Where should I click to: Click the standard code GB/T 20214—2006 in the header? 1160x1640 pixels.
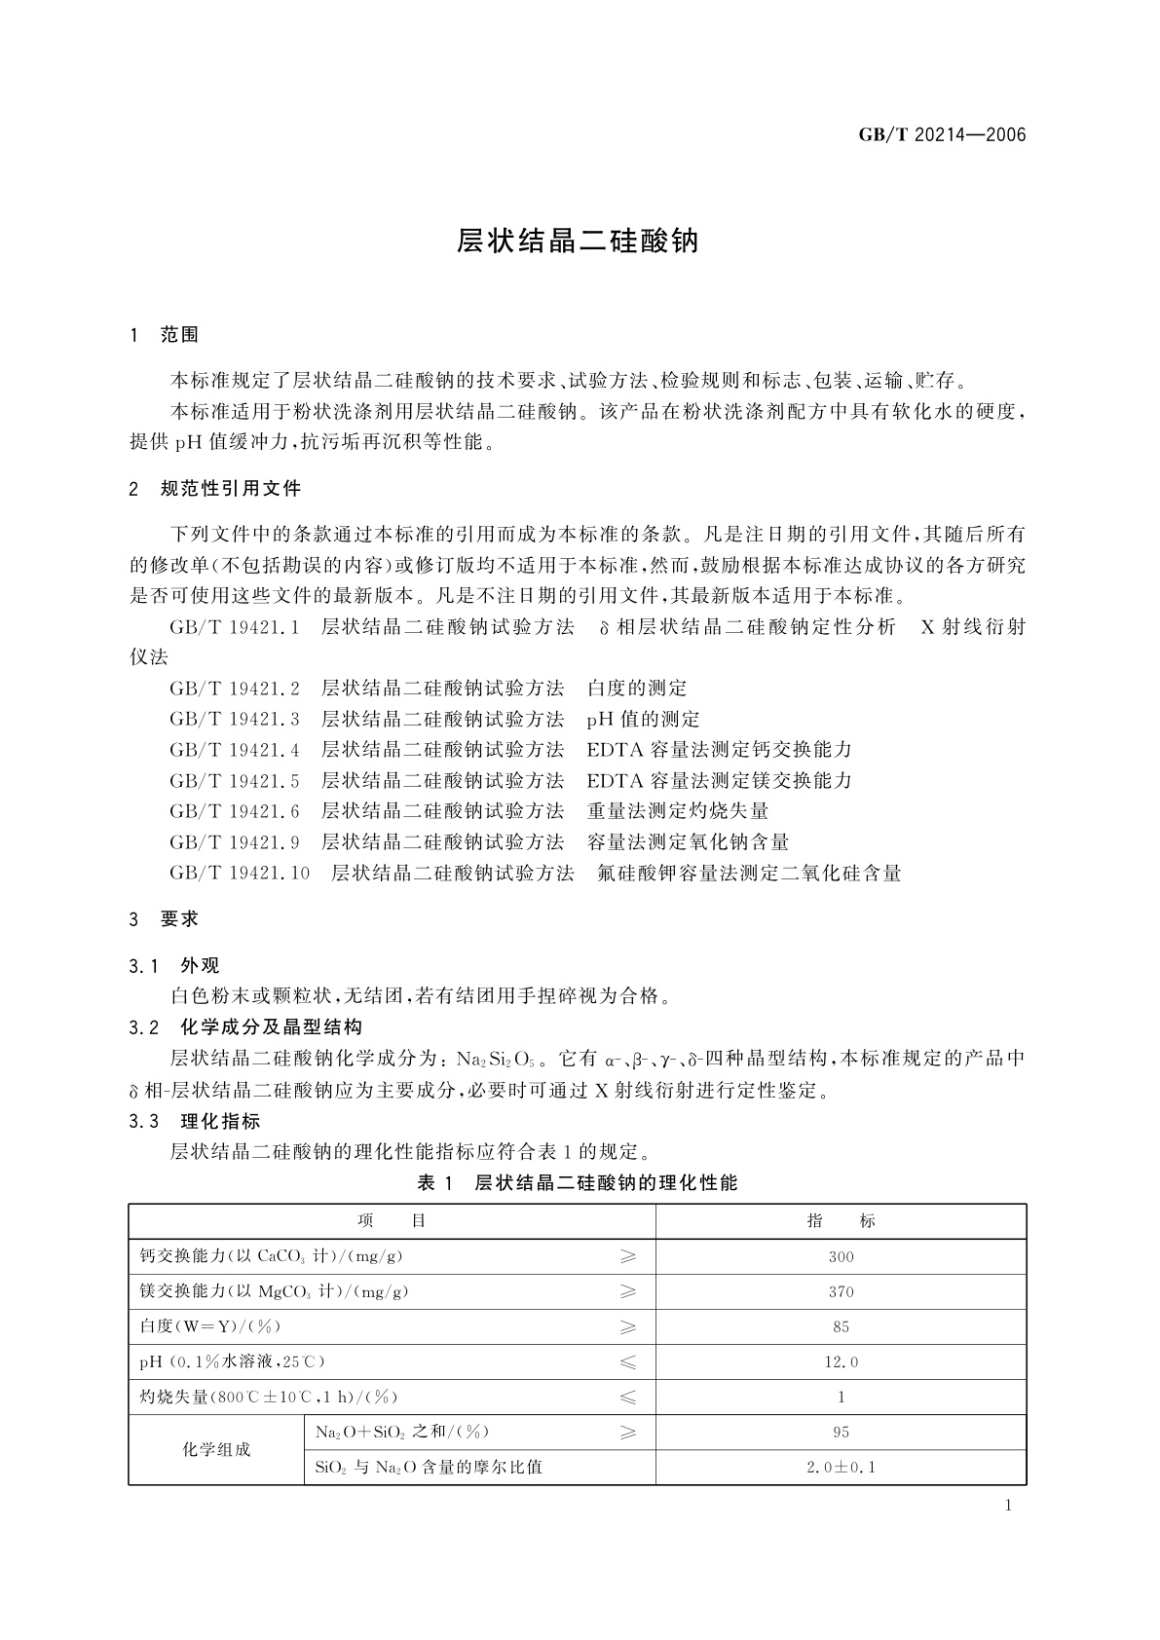tap(942, 135)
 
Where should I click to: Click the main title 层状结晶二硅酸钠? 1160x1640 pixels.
tap(579, 242)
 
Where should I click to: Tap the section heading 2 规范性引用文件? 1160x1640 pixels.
tap(215, 488)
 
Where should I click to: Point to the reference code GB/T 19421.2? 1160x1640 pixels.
tap(235, 689)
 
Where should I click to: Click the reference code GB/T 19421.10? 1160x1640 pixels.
tap(240, 873)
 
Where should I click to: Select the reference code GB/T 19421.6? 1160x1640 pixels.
tap(235, 811)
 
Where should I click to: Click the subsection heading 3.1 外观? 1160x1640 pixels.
tap(174, 965)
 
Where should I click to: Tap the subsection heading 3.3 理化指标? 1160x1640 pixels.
tap(195, 1121)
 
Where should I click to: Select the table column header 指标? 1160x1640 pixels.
tap(842, 1221)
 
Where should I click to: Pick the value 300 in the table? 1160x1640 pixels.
tap(842, 1256)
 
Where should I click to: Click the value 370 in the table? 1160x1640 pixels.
tap(842, 1291)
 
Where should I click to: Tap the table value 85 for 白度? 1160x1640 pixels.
tap(842, 1326)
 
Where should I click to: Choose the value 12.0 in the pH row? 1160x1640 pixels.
tap(842, 1361)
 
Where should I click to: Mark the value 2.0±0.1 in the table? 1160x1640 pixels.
tap(842, 1467)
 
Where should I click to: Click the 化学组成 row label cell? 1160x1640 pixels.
tap(216, 1449)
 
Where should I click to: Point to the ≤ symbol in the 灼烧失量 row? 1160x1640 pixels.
tap(628, 1397)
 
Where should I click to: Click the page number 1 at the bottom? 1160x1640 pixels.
tap(1008, 1506)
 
